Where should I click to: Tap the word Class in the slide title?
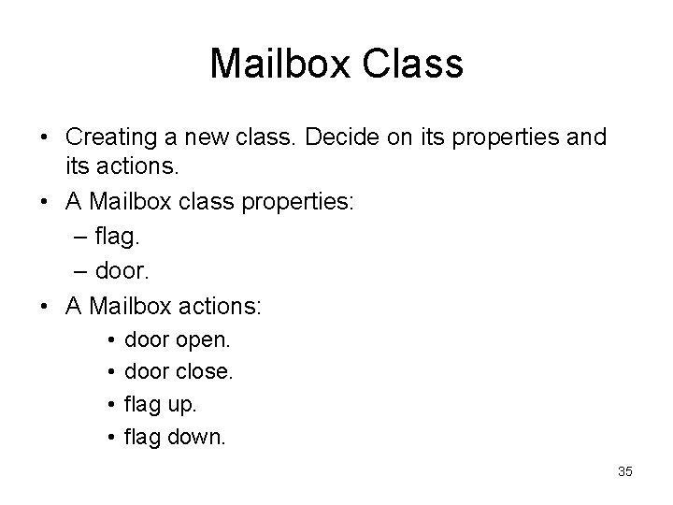(414, 65)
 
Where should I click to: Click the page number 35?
(625, 471)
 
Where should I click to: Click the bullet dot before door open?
(109, 338)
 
